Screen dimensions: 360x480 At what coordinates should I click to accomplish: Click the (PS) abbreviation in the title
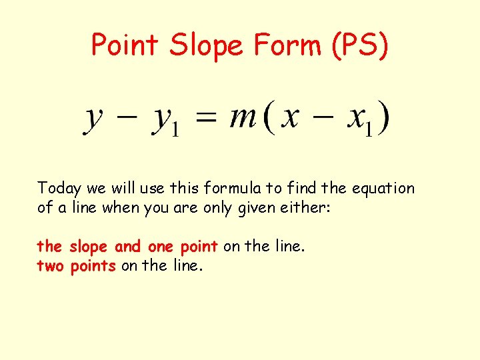[x=360, y=45]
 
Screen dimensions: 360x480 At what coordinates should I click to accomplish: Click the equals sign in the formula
[x=207, y=119]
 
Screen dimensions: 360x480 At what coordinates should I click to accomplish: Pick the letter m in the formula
[x=243, y=118]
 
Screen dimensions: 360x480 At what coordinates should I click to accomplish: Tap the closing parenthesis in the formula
[x=383, y=119]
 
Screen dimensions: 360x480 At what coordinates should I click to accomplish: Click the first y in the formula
[x=93, y=120]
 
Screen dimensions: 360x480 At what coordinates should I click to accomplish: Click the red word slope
[x=88, y=247]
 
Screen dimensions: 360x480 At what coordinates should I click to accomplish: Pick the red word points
[x=93, y=266]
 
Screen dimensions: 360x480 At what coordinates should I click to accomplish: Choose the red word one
[x=160, y=247]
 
